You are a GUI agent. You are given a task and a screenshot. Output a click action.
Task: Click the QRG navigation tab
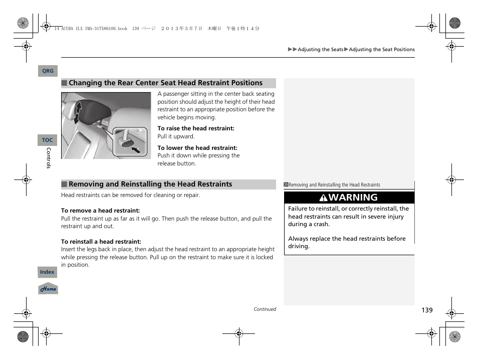click(x=48, y=71)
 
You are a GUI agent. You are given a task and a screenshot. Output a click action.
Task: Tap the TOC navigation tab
click(x=48, y=140)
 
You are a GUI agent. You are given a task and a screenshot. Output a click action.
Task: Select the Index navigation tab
click(x=48, y=272)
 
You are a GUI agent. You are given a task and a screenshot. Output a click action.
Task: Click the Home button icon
click(x=48, y=289)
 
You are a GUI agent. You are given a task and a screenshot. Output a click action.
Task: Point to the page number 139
click(x=426, y=310)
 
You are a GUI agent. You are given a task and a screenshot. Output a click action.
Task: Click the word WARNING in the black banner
click(x=354, y=198)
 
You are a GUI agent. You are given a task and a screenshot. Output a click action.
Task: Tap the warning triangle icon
click(x=324, y=198)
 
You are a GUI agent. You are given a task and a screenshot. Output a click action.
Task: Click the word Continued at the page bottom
click(x=265, y=309)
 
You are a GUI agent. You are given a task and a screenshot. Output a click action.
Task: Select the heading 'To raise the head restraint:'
click(x=195, y=128)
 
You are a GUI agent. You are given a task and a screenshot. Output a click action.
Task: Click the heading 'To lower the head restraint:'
click(x=197, y=148)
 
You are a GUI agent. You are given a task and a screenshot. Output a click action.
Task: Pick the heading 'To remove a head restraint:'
click(x=100, y=211)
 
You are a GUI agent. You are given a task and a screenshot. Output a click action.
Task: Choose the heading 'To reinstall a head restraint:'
click(x=101, y=242)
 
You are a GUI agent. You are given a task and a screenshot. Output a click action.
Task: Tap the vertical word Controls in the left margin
click(x=49, y=158)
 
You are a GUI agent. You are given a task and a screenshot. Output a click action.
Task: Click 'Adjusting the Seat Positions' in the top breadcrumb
click(x=381, y=50)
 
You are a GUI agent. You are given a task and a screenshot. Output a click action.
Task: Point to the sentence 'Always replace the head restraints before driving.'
click(x=347, y=243)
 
